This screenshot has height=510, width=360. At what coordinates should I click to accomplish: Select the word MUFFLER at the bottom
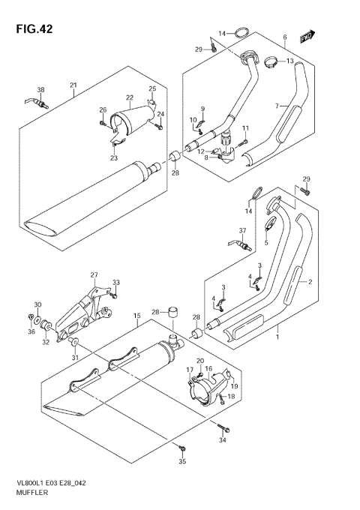[x=29, y=494]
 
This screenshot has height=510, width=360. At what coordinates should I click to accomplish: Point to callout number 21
[x=73, y=84]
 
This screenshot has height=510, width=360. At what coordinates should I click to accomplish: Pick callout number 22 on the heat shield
[x=129, y=97]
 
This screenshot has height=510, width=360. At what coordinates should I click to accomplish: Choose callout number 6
[x=285, y=37]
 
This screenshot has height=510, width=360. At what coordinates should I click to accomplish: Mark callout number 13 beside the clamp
[x=289, y=61]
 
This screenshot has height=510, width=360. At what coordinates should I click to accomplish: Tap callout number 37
[x=242, y=230]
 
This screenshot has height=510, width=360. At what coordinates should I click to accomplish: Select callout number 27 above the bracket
[x=94, y=274]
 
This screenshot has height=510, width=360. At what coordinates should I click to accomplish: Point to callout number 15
[x=137, y=316]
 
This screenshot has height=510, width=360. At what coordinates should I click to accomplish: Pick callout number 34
[x=222, y=440]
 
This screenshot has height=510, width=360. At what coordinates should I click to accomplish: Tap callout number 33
[x=115, y=283]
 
